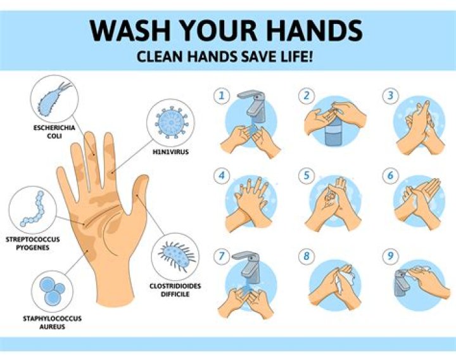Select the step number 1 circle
coord(222,96)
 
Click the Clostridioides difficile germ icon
coord(177,255)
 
